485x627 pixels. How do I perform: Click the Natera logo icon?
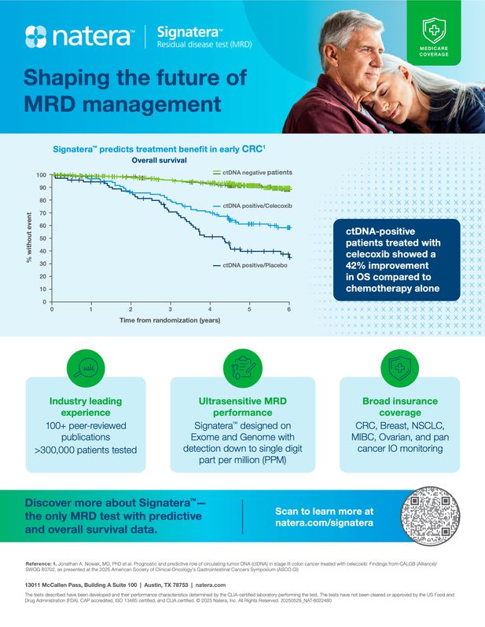37,35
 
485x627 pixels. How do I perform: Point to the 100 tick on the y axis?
41,175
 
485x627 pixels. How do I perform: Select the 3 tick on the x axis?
171,310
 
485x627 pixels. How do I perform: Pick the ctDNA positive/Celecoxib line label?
257,206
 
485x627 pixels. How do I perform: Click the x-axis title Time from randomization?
169,321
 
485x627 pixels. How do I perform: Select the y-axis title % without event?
28,238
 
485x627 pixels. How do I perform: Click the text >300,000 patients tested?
86,450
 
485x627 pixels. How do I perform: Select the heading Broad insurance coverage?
400,406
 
